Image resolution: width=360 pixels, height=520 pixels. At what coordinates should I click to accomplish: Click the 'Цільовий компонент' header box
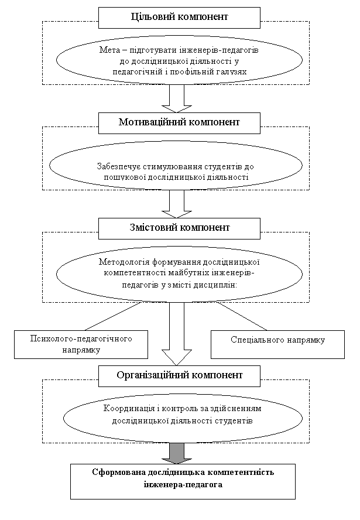click(x=179, y=18)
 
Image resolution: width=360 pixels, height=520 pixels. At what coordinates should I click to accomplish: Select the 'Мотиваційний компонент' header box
click(x=179, y=123)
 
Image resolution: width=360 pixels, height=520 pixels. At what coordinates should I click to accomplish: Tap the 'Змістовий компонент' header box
click(x=179, y=228)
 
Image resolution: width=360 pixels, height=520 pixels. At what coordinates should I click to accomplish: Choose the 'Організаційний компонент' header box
click(x=179, y=376)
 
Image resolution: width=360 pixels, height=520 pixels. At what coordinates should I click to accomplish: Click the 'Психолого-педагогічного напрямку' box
click(x=81, y=344)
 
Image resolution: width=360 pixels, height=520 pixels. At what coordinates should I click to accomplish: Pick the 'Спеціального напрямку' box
click(x=278, y=344)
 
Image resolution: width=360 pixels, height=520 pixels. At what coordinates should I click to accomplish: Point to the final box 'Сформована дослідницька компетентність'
click(x=183, y=481)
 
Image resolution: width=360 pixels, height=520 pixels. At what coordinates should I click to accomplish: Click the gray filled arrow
click(x=177, y=453)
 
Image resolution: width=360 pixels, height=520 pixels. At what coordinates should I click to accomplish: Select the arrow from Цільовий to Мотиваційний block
click(x=177, y=99)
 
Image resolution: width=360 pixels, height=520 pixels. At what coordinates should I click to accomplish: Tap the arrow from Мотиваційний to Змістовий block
click(x=177, y=204)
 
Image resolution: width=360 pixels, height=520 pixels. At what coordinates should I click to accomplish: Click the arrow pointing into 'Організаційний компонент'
click(x=177, y=334)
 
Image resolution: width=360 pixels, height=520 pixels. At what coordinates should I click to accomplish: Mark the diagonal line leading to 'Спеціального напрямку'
click(x=242, y=316)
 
